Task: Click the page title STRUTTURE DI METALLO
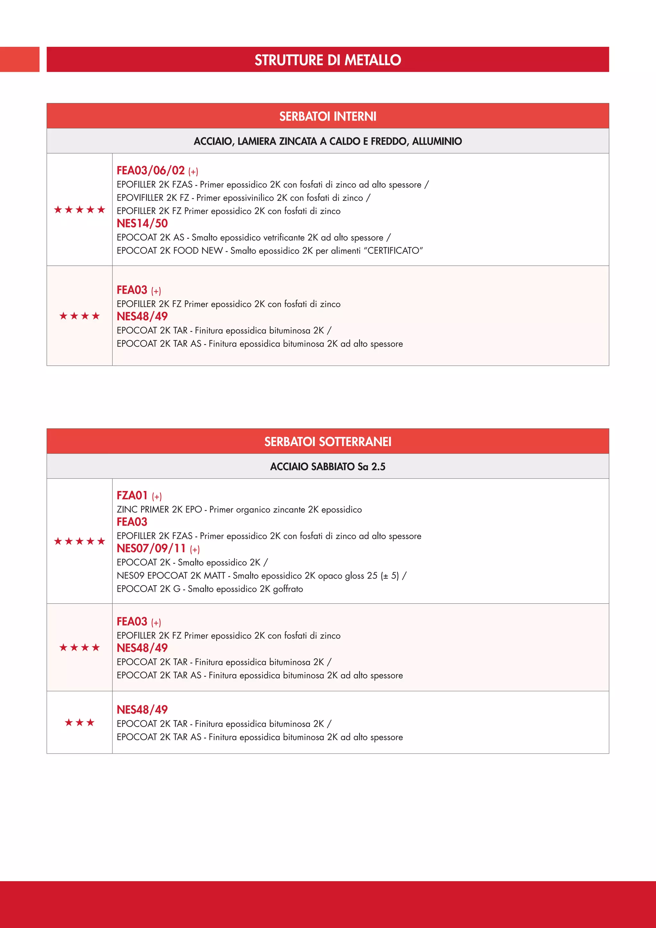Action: [328, 60]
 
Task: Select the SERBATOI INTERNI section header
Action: [328, 116]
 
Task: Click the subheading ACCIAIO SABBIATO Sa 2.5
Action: [328, 467]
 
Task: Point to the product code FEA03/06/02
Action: [151, 170]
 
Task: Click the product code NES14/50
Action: [142, 224]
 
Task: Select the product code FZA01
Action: [132, 495]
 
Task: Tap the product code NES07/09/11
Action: [152, 549]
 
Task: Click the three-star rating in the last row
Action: [79, 722]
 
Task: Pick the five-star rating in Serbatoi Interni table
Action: [79, 209]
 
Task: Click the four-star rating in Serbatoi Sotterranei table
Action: [79, 648]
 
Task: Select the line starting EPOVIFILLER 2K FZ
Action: [243, 198]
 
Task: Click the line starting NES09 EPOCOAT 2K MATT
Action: [261, 576]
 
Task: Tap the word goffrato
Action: [288, 589]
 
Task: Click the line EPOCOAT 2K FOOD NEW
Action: [269, 251]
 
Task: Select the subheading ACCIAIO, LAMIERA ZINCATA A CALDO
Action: [328, 141]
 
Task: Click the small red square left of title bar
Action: [20, 59]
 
